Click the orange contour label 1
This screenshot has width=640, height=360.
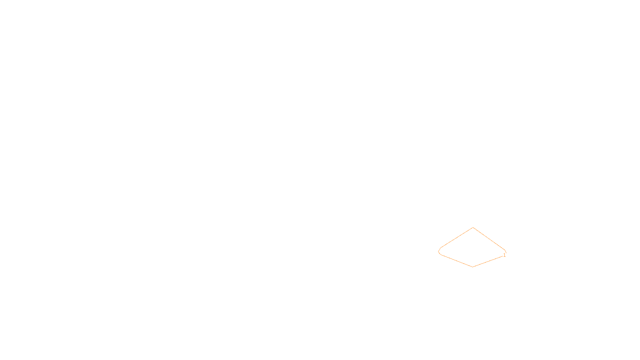[x=504, y=255]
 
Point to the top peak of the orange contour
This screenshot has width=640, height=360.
[x=473, y=228]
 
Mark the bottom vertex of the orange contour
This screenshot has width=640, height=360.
[x=473, y=267]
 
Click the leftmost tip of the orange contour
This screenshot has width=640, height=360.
[x=439, y=252]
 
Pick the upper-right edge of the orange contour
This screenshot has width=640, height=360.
[x=489, y=238]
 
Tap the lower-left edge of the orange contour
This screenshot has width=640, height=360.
[x=456, y=260]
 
